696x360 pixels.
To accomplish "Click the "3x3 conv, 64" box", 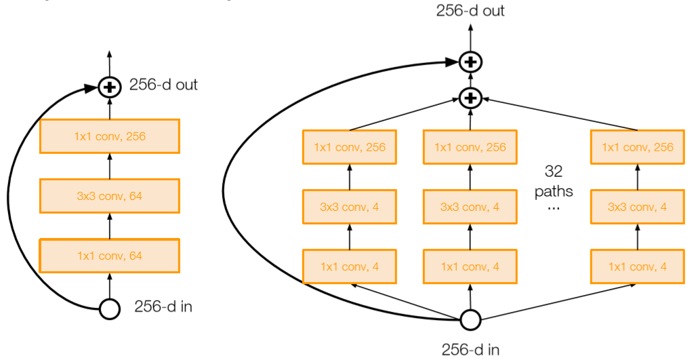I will (109, 196).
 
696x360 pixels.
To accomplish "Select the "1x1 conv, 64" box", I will (109, 256).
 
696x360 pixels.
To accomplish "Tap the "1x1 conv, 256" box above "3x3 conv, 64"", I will (109, 136).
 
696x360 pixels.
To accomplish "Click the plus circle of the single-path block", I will (109, 87).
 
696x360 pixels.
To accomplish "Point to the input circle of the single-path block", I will (109, 309).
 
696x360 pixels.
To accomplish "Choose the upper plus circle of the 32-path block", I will (470, 62).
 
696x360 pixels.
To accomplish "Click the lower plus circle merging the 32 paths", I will (470, 98).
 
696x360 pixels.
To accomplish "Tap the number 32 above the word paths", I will (553, 171).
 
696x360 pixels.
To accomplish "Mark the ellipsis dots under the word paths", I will (553, 207).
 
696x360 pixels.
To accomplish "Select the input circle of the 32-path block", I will (470, 319).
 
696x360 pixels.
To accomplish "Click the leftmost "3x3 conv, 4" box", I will (350, 207).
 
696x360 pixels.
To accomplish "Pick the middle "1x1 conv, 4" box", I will (470, 266).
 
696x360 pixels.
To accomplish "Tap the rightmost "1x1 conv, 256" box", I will (637, 147).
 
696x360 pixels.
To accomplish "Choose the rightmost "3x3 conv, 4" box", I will (637, 207).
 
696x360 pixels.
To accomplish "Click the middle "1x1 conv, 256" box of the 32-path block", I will (470, 147).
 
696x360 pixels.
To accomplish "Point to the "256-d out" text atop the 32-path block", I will (470, 10).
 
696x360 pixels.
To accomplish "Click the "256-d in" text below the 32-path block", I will (470, 350).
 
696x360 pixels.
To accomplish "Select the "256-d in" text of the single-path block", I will (163, 307).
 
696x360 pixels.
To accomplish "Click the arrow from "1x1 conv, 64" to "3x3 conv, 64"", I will (109, 226).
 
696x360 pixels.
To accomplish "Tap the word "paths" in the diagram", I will (553, 191).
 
